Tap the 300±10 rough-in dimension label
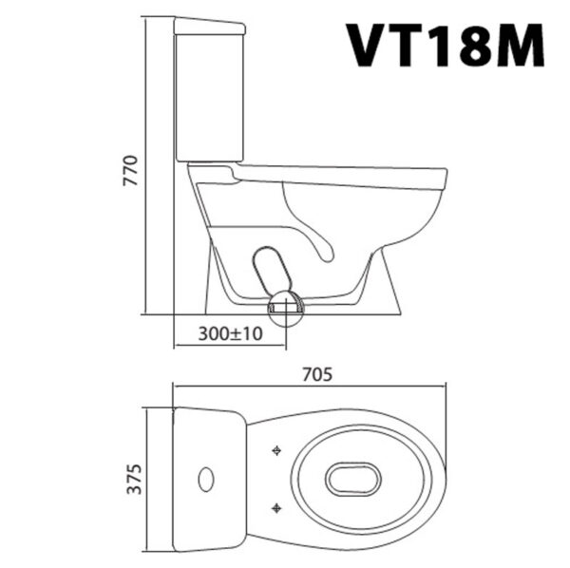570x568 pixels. (x=231, y=334)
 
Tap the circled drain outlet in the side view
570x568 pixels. (x=285, y=308)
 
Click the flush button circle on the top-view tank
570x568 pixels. (x=206, y=479)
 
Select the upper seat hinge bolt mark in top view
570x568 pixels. (x=276, y=450)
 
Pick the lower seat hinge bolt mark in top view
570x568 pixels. (x=276, y=506)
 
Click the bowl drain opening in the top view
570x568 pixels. (x=352, y=479)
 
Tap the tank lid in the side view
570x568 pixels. (x=210, y=26)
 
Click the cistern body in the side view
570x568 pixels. (x=210, y=95)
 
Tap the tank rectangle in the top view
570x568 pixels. (x=209, y=479)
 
